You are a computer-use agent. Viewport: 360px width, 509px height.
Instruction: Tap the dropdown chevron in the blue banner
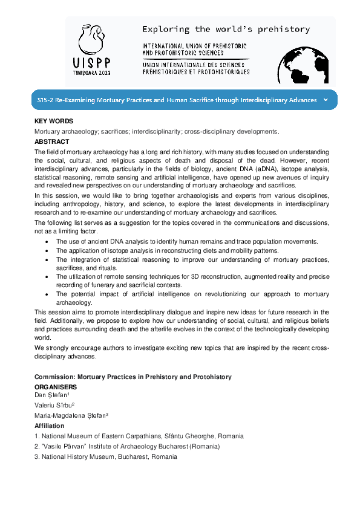[x=326, y=100]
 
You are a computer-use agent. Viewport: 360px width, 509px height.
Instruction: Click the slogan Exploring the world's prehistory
[x=225, y=29]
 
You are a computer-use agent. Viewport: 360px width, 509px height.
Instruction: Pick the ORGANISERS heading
[x=56, y=386]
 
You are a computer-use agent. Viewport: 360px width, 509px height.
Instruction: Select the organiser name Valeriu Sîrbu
[x=54, y=405]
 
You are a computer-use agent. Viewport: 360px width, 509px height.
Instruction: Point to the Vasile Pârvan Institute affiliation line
[x=127, y=446]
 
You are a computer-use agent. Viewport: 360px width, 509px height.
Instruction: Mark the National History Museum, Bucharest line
[x=106, y=456]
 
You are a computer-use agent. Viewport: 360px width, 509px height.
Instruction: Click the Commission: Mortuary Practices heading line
[x=133, y=377]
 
